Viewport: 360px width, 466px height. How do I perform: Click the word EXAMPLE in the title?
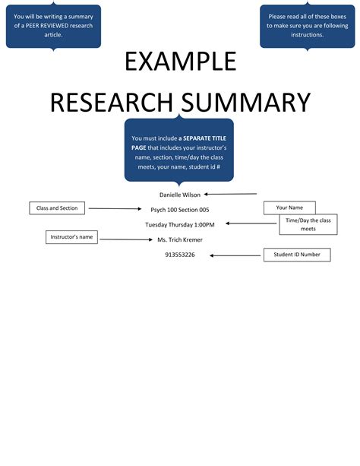(x=180, y=62)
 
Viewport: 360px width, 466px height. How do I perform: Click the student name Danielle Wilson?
(x=180, y=195)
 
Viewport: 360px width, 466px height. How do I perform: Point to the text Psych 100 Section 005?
(x=180, y=209)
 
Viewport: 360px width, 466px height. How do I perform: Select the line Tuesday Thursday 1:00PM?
(x=180, y=224)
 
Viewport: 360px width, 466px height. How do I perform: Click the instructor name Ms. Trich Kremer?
(x=180, y=239)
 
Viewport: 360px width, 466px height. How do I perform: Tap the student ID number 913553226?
(x=180, y=255)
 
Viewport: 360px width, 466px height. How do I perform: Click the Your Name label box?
(x=289, y=208)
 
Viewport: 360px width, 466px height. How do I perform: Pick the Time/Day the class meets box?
(x=308, y=223)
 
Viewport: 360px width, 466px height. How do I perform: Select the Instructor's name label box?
(x=72, y=237)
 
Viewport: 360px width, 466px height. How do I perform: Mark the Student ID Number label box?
(x=297, y=255)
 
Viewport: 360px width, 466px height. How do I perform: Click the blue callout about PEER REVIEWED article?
(x=53, y=26)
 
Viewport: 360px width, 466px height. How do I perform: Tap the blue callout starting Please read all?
(x=307, y=26)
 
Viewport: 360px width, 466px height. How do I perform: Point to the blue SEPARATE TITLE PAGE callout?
(x=179, y=151)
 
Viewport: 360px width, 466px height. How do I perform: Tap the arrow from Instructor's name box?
(x=126, y=239)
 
